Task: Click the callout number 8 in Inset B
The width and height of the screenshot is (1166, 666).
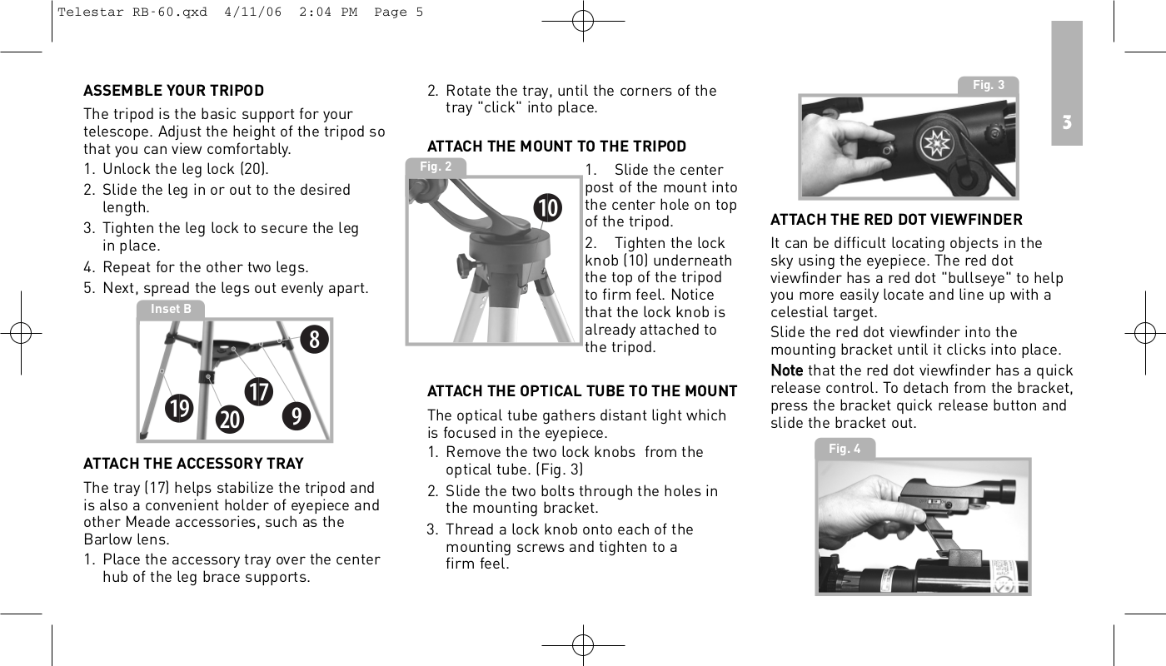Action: [x=315, y=340]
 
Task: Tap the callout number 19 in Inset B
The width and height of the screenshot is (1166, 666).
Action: [x=178, y=408]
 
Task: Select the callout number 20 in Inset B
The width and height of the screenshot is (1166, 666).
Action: [x=230, y=420]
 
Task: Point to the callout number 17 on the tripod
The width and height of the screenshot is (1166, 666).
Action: [x=259, y=391]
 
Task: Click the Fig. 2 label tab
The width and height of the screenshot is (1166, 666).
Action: [x=436, y=166]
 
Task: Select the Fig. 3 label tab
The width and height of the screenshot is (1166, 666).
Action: [x=989, y=85]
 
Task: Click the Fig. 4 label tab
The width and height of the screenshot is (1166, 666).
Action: [x=845, y=449]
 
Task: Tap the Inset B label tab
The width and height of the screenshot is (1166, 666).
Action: [x=171, y=309]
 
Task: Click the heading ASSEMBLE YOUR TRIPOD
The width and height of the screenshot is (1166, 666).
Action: [x=173, y=90]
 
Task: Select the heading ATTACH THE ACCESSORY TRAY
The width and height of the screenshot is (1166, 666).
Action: [x=193, y=463]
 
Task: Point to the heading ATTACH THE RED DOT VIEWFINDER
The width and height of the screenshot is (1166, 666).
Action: [x=896, y=220]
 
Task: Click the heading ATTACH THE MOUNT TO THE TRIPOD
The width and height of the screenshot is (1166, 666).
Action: [x=556, y=147]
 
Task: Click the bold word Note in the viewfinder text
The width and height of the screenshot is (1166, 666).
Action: [x=786, y=370]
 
